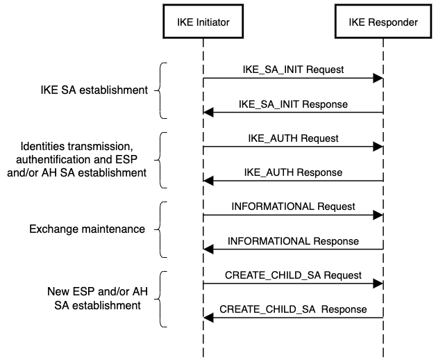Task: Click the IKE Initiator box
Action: pos(203,21)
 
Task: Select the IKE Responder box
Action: pos(383,21)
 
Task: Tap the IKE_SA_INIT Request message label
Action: pos(293,69)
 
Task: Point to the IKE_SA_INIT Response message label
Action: pos(293,104)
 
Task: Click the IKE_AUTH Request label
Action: pos(293,138)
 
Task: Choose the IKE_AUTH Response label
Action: pos(293,172)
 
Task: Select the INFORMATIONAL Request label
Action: pos(293,206)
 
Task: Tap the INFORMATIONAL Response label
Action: pos(293,241)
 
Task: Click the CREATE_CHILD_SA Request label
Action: pos(293,275)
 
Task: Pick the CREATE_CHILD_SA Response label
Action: pos(293,309)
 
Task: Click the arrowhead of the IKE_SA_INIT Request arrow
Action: pos(378,79)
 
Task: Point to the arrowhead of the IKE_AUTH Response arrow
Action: pos(208,181)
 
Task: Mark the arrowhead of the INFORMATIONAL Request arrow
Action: pos(378,215)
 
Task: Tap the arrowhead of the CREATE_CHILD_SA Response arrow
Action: pos(208,318)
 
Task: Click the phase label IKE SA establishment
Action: pos(94,90)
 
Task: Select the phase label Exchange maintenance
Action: pos(87,229)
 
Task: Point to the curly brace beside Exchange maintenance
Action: pos(160,230)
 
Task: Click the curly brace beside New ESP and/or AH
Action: pos(160,299)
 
